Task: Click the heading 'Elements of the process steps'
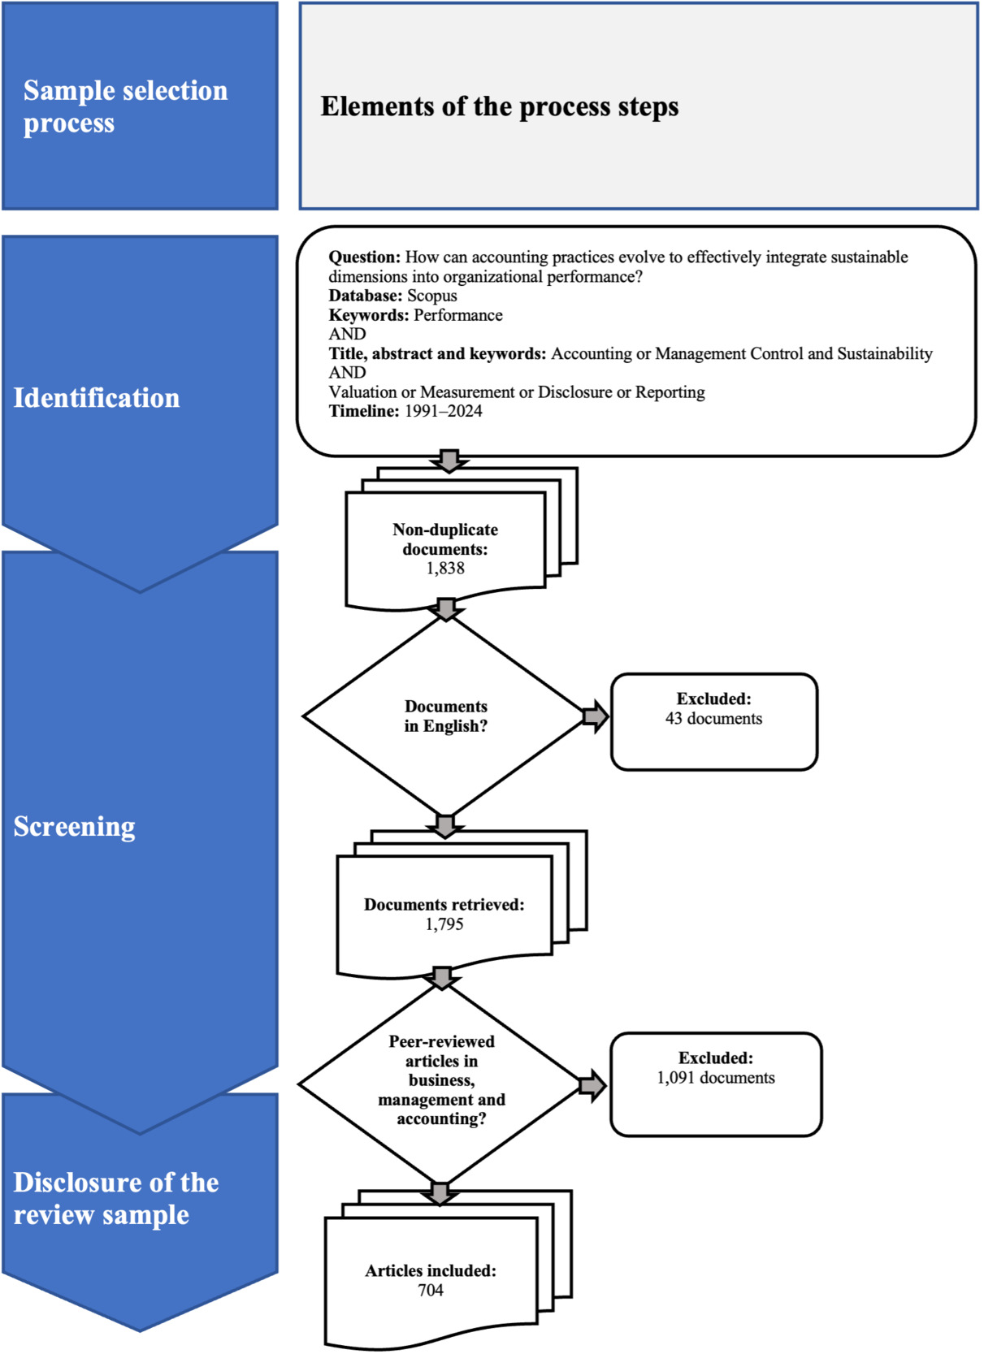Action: coord(499,107)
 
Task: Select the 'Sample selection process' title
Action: coord(125,106)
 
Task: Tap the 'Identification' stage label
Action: coord(97,398)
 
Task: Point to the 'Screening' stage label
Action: coord(75,827)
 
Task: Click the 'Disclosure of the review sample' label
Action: coord(116,1198)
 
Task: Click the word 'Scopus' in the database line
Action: coord(431,296)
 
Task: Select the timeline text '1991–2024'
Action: coord(444,411)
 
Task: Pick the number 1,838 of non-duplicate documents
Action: coord(445,569)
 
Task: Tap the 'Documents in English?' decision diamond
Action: coord(444,716)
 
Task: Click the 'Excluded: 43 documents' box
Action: coord(714,722)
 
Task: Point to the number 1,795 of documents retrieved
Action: coord(444,924)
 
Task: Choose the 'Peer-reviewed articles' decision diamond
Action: coord(440,1084)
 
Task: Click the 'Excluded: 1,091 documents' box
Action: coord(716,1084)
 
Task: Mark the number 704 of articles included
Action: coord(430,1290)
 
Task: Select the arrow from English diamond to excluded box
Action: coord(596,717)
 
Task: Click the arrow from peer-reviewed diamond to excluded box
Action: coord(592,1086)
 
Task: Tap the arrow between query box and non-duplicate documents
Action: coord(449,461)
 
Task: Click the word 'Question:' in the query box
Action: coord(365,257)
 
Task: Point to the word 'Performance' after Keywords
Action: coord(457,315)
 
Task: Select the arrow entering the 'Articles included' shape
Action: coord(440,1194)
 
